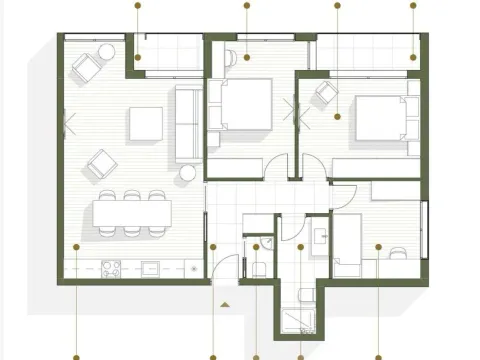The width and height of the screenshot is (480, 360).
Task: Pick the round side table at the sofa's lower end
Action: [187, 173]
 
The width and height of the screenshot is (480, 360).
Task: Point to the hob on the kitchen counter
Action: [113, 267]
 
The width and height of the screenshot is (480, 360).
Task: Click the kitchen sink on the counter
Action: [151, 267]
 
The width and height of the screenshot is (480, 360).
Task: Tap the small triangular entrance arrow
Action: [227, 301]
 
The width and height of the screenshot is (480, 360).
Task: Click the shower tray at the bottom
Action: [301, 318]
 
